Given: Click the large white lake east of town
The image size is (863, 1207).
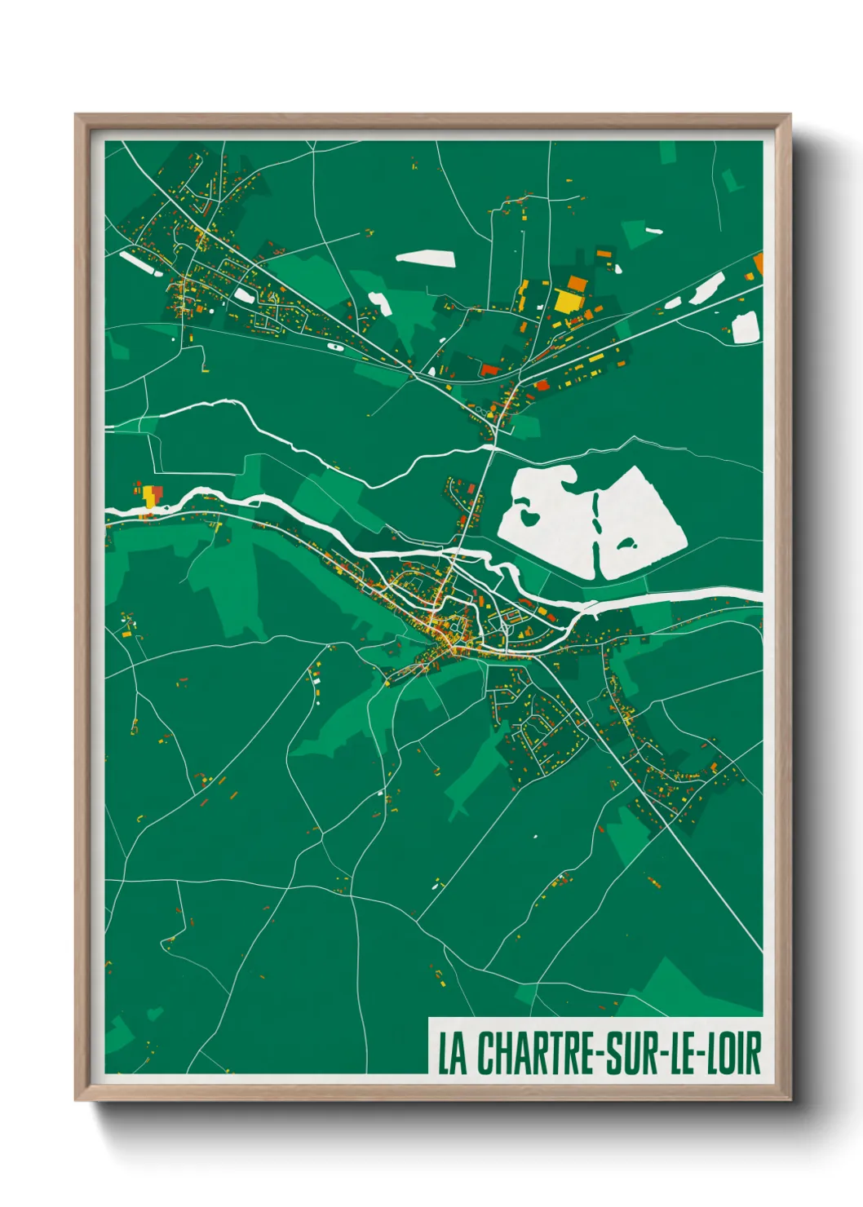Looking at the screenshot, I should pos(636,522).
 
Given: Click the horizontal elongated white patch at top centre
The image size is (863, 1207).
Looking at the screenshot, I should pos(425,258).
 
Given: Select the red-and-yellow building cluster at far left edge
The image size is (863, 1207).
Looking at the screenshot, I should pos(151,496).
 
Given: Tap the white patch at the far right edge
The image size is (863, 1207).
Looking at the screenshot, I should pos(745,328).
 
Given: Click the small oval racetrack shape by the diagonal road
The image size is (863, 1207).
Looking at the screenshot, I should pos(334,345).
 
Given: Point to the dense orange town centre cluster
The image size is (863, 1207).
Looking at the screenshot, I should pos(445,632).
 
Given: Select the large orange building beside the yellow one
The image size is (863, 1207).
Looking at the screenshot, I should pos(578,284).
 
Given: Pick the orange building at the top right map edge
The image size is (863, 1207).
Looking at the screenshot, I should pos(759,263).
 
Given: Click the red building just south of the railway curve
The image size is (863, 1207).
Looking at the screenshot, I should pos(489,370).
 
